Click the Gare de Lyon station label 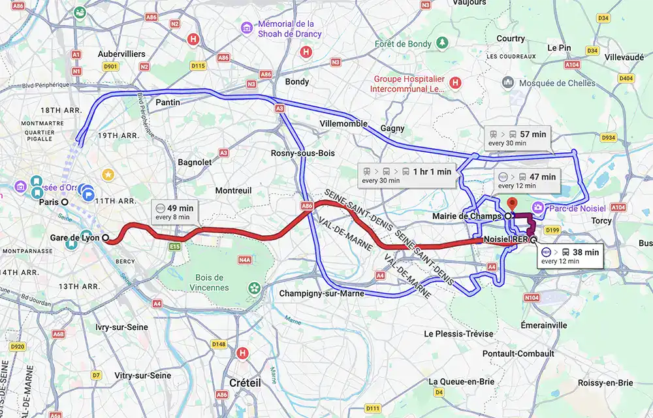pyautogui.click(x=74, y=238)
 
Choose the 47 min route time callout pyautogui.click(x=526, y=181)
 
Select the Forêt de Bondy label pyautogui.click(x=403, y=44)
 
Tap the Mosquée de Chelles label pyautogui.click(x=557, y=83)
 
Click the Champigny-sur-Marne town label pyautogui.click(x=321, y=293)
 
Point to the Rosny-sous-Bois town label pyautogui.click(x=298, y=153)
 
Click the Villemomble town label pyautogui.click(x=343, y=123)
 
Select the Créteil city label pyautogui.click(x=245, y=383)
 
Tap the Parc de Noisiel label pyautogui.click(x=577, y=208)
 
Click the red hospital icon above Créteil pyautogui.click(x=243, y=353)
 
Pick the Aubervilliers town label pyautogui.click(x=121, y=54)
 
